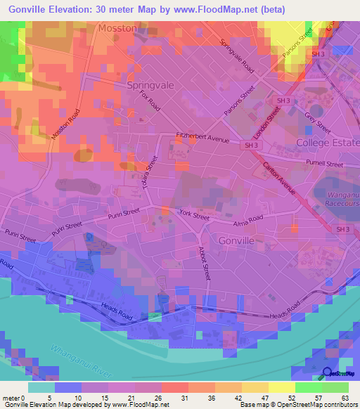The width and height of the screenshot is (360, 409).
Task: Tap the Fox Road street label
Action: (x=150, y=100)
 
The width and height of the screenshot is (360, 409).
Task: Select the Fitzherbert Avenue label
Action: (x=202, y=138)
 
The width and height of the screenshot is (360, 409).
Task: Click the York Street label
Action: (x=194, y=217)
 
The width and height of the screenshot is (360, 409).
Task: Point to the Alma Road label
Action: (x=247, y=220)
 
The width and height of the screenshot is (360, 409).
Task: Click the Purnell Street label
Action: (x=324, y=164)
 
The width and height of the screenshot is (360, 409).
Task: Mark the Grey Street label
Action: (x=317, y=120)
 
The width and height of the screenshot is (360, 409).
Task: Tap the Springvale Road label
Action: (x=237, y=56)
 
